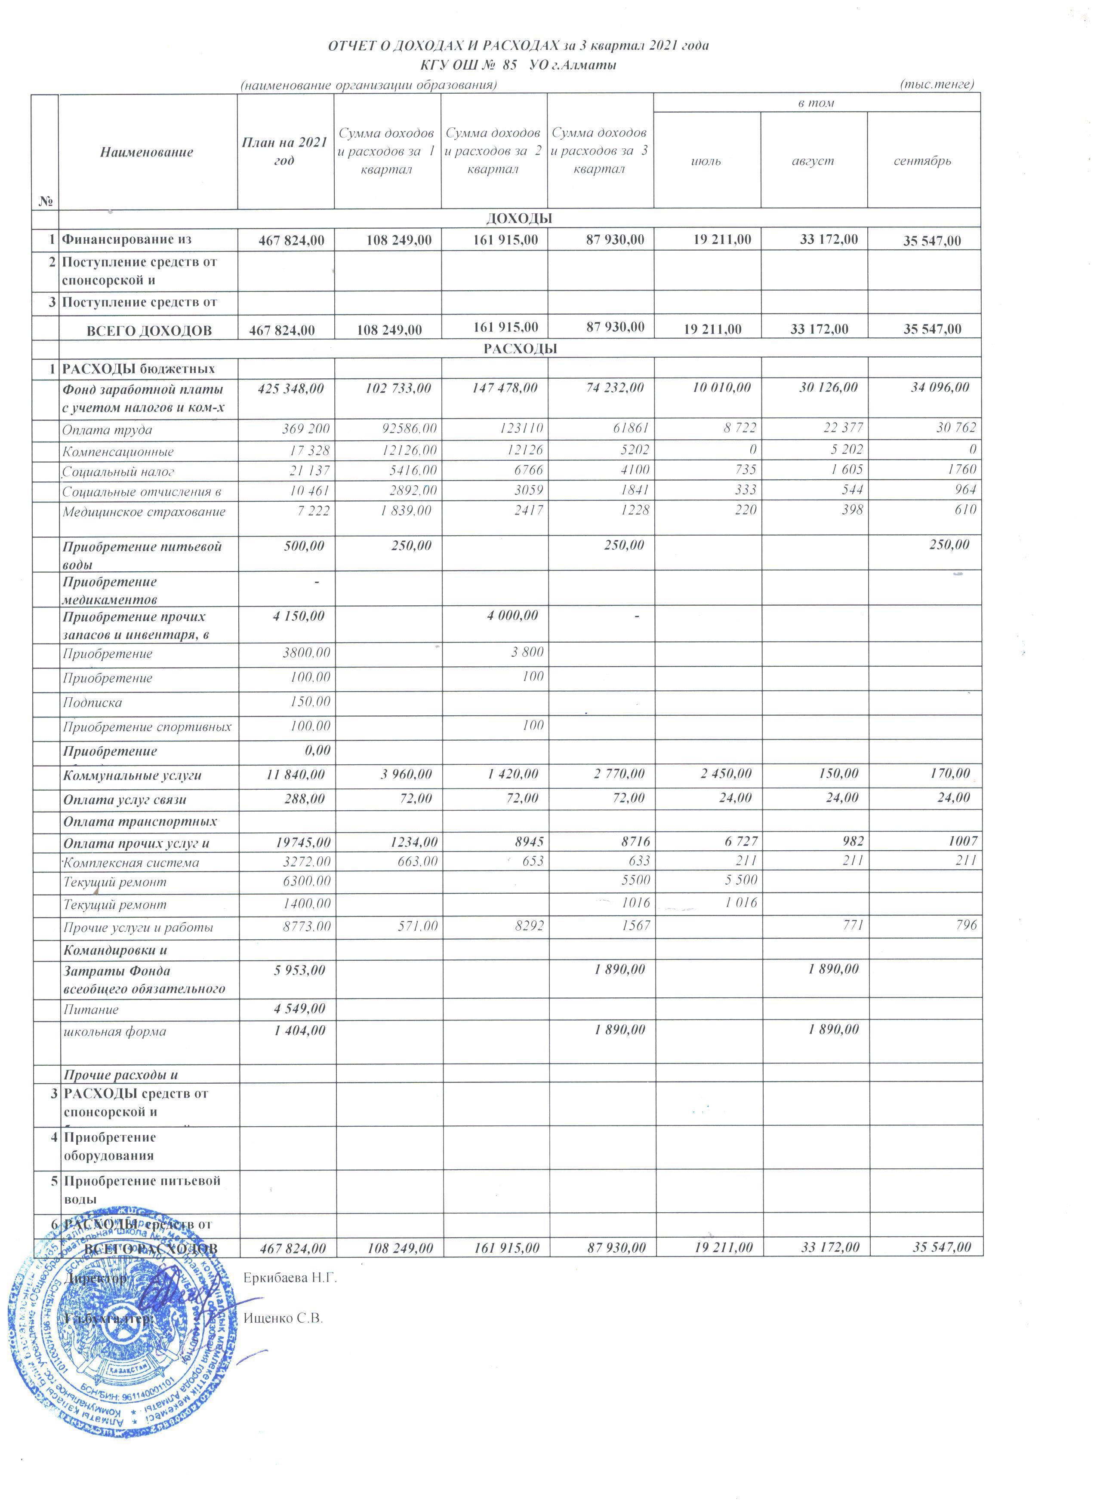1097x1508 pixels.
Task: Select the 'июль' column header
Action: pos(706,161)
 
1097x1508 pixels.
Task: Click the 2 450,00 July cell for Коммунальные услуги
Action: pos(726,774)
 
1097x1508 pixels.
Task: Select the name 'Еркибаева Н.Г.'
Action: pos(290,1278)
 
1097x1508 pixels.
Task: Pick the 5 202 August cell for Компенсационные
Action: pos(844,450)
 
